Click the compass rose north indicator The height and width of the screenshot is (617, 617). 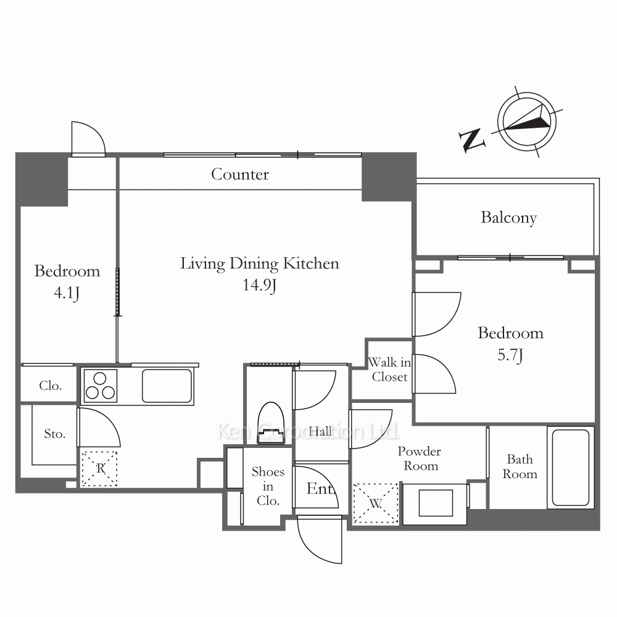click(x=526, y=120)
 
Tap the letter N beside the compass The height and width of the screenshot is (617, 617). click(x=471, y=139)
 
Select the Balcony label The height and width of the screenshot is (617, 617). click(x=508, y=218)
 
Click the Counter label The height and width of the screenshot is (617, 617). click(x=240, y=175)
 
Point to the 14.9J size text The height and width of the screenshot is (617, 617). click(x=259, y=285)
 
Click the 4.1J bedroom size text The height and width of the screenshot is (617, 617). click(x=67, y=292)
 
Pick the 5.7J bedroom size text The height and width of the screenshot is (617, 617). click(x=510, y=355)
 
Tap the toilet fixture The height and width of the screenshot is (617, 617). click(x=271, y=423)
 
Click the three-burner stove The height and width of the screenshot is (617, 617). click(x=100, y=386)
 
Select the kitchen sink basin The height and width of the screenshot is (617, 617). click(x=167, y=386)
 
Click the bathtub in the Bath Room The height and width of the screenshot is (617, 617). click(x=570, y=468)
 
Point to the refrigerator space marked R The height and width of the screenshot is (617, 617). click(x=99, y=469)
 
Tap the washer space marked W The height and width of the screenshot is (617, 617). click(x=376, y=503)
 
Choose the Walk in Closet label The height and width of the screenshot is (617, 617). click(x=389, y=370)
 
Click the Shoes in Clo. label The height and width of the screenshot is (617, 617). click(x=268, y=486)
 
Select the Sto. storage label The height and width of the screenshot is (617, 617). click(x=55, y=434)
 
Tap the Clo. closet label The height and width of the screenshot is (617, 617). click(x=51, y=386)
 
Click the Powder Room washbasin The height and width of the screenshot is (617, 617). click(x=436, y=503)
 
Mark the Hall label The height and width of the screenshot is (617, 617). click(x=320, y=431)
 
